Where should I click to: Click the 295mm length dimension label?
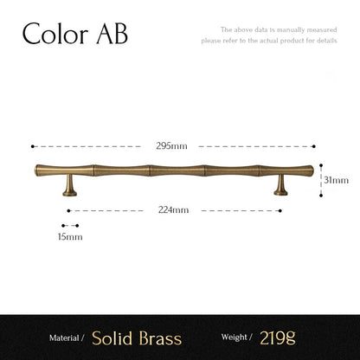pos(173,146)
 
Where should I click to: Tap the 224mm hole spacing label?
pos(173,210)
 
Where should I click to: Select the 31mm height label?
pos(337,180)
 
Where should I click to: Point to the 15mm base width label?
pos(70,235)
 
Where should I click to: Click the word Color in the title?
pos(54,35)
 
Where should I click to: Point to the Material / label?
pos(67,338)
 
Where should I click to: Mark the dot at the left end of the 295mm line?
pos(32,146)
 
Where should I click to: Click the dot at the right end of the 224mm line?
pos(282,210)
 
